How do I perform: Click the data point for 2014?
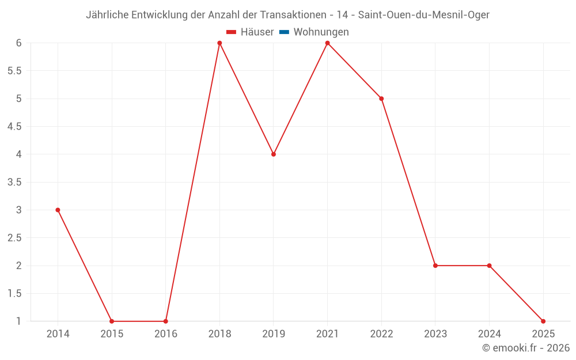(x=58, y=210)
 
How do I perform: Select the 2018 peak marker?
(x=219, y=43)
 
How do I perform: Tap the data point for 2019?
(x=274, y=154)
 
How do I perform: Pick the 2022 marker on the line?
(x=381, y=98)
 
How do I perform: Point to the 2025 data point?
(x=543, y=321)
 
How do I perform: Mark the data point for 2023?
(x=435, y=266)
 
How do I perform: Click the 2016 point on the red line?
(x=166, y=321)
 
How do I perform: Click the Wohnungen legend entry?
(x=321, y=32)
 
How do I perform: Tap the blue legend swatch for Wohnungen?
(x=284, y=32)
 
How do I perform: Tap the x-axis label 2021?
(x=327, y=334)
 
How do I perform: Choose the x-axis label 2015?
(x=112, y=334)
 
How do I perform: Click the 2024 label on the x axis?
(x=489, y=334)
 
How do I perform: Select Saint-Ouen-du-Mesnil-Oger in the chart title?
(x=424, y=15)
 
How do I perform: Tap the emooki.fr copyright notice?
(x=526, y=348)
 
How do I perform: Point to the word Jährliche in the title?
(x=107, y=15)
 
